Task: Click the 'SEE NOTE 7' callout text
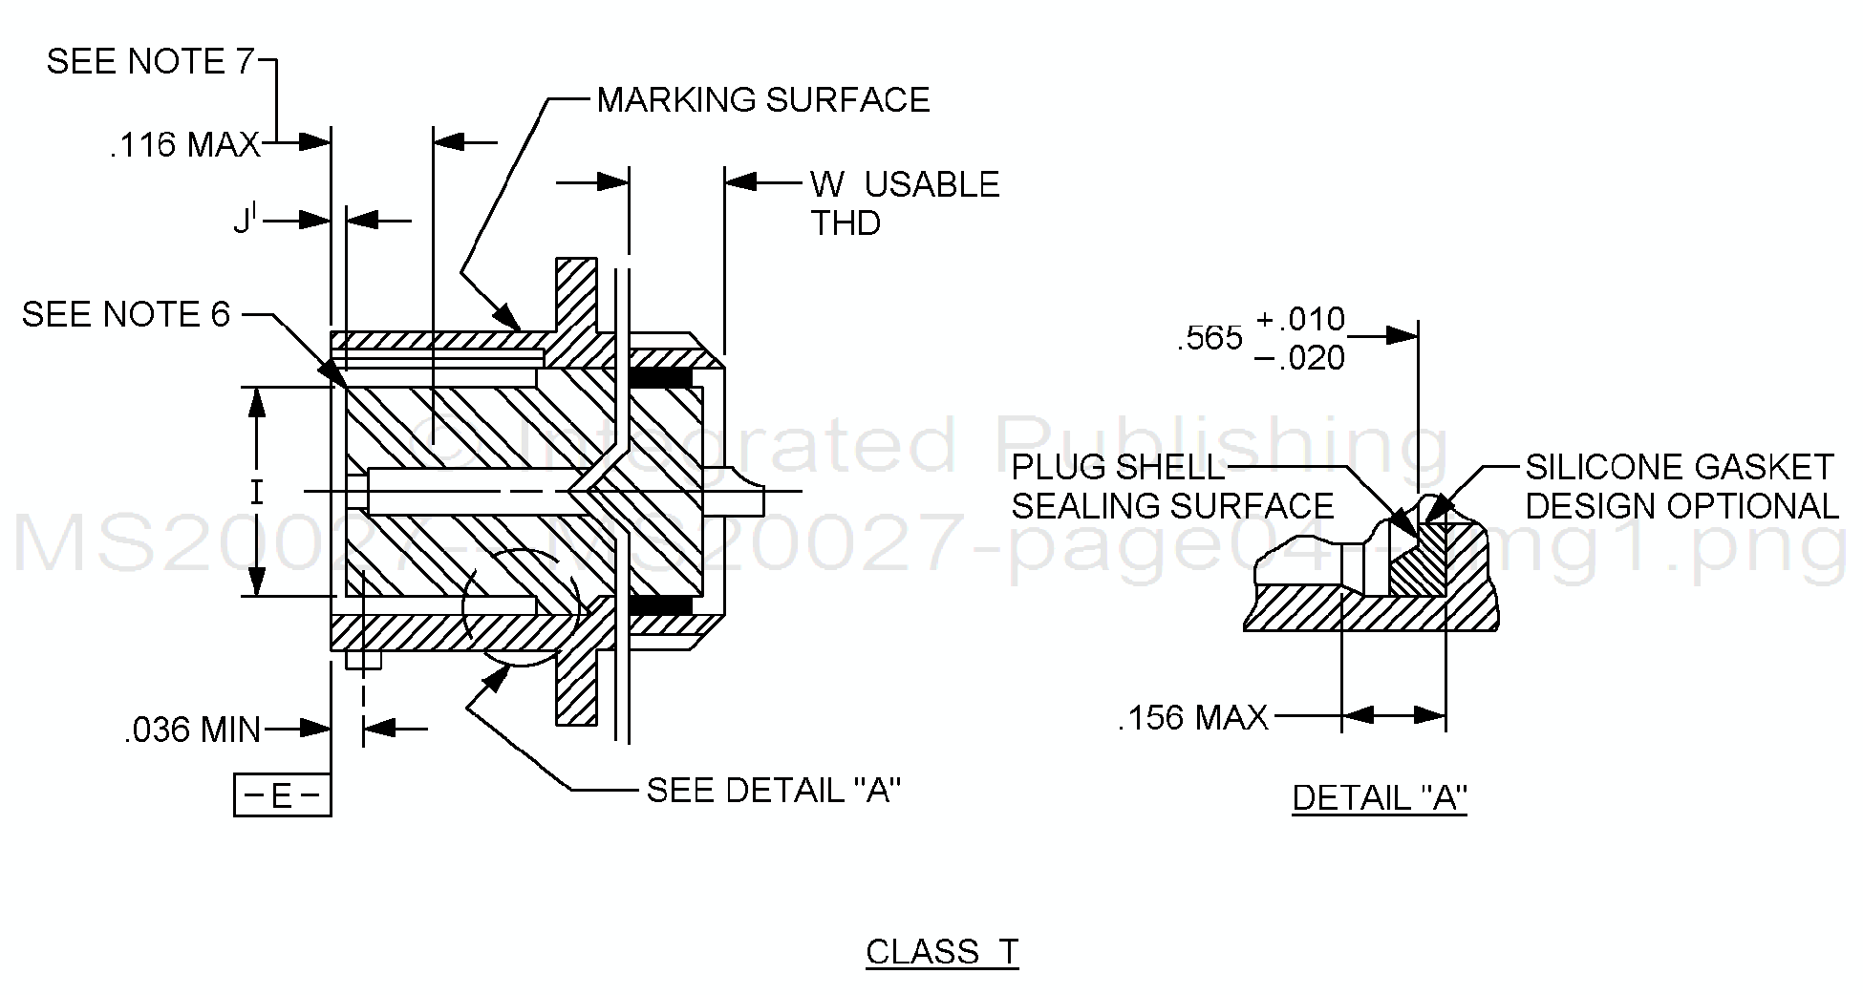150,62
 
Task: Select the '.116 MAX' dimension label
184,145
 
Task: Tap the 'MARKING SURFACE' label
762,100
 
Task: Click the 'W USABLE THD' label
903,202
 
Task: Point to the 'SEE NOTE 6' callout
126,315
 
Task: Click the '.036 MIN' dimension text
192,730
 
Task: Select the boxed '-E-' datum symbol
282,795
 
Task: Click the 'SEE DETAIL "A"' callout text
773,791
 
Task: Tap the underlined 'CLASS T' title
942,952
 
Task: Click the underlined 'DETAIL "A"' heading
1379,797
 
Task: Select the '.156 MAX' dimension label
1192,717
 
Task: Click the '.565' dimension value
1210,338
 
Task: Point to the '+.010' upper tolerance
1300,319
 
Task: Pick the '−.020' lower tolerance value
1299,359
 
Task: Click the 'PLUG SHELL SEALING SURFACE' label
1171,487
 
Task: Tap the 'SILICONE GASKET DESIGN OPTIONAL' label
1681,487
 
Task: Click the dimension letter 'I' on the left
256,493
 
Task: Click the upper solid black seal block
659,378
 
